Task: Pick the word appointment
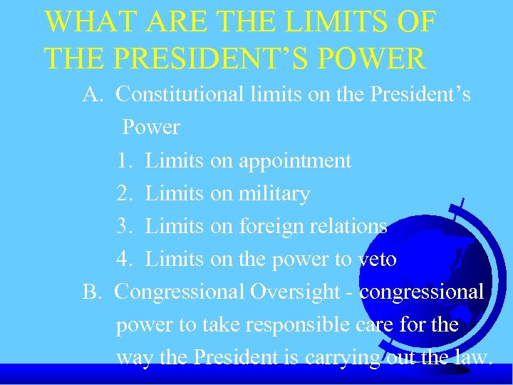[295, 161]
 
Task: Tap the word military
[274, 193]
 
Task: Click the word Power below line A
[151, 128]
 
